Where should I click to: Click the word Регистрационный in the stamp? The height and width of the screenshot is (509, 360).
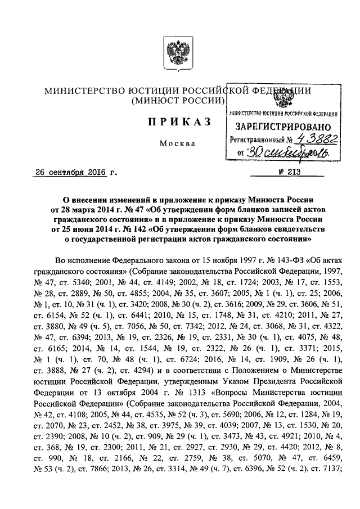pyautogui.click(x=254, y=139)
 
